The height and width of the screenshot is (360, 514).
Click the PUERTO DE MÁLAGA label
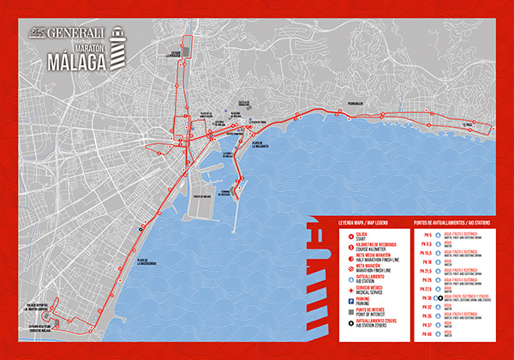[203, 195]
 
